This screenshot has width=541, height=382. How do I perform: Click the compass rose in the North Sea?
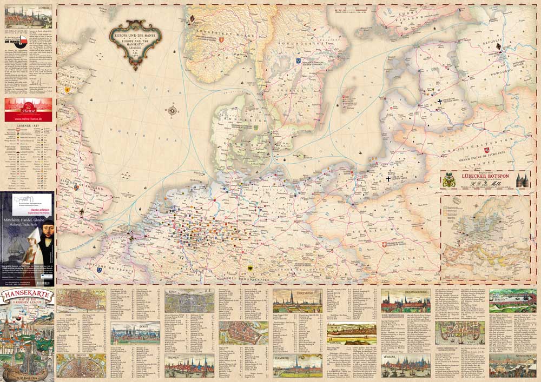tap(173, 111)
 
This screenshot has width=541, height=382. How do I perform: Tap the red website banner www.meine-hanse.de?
tap(29, 110)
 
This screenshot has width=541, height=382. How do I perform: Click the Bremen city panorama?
tap(189, 366)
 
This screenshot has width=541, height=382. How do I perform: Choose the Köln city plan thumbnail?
tap(189, 300)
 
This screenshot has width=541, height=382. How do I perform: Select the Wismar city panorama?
tap(405, 366)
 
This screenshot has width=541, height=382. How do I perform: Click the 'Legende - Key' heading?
tap(29, 126)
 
